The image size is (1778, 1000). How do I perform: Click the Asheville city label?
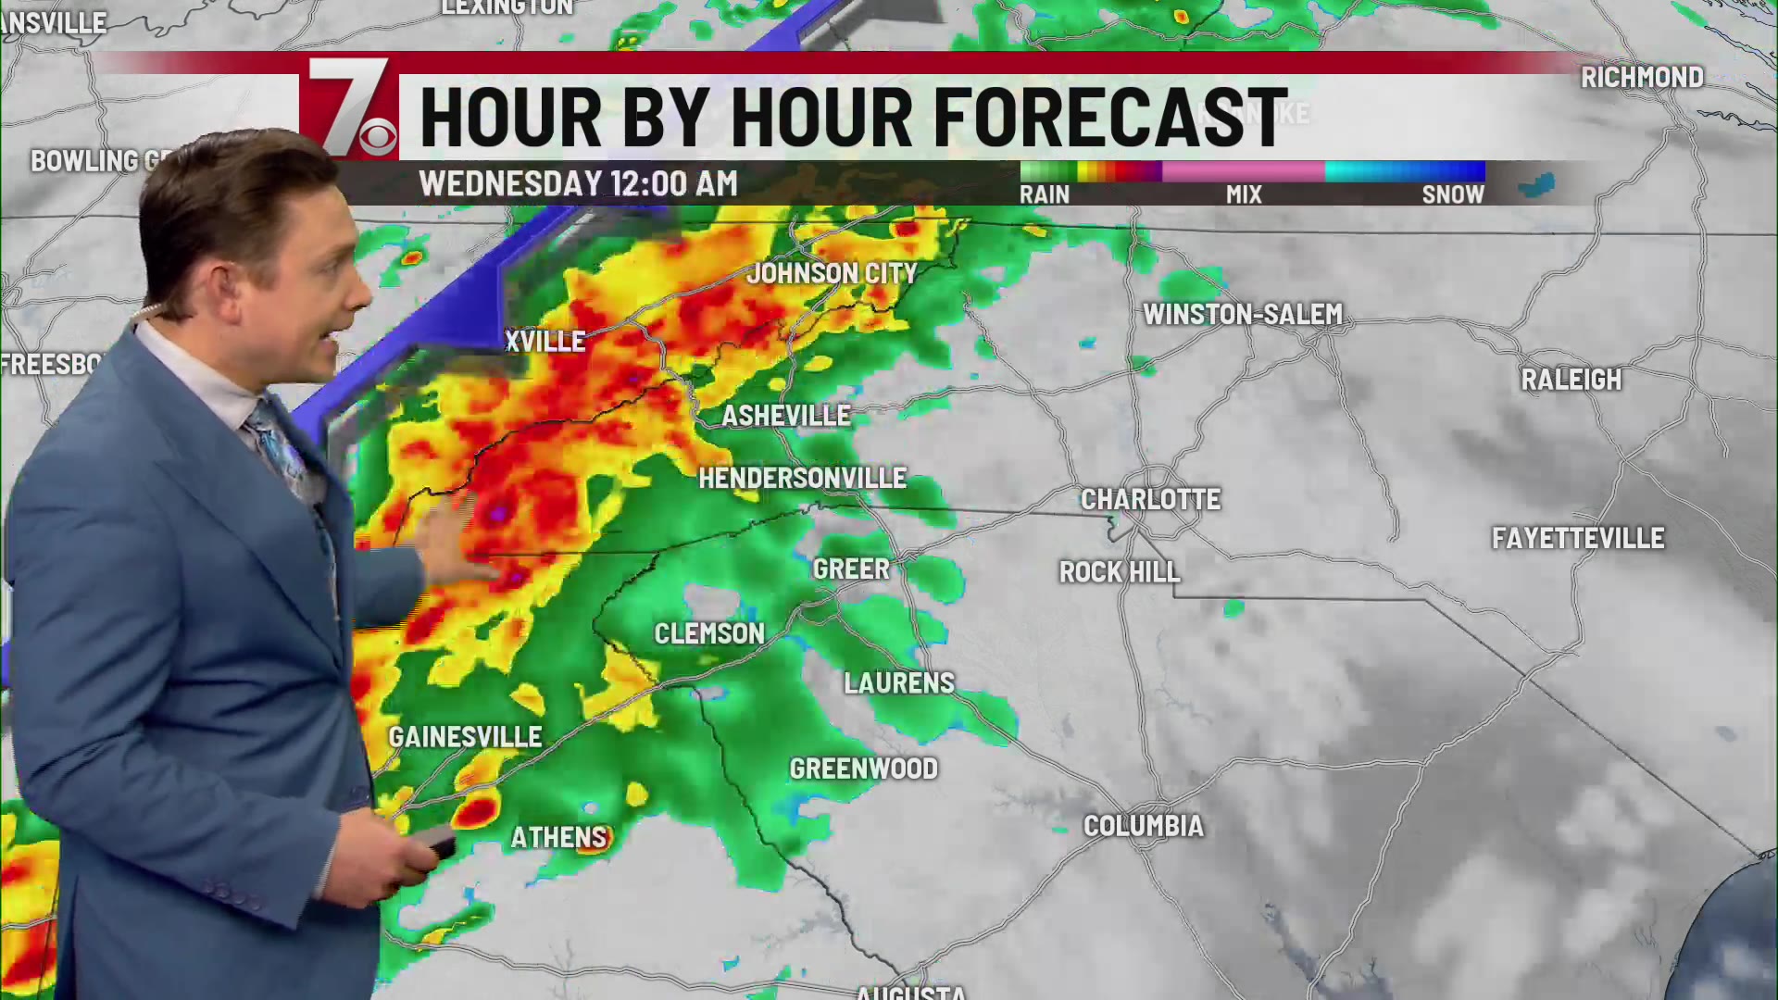click(x=785, y=416)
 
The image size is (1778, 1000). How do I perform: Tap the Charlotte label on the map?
click(x=1150, y=499)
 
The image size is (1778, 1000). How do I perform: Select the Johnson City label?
click(x=832, y=273)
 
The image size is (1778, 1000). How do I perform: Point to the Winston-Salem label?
click(x=1242, y=315)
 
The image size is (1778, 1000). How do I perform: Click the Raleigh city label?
click(x=1571, y=380)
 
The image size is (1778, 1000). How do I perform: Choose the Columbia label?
click(x=1143, y=826)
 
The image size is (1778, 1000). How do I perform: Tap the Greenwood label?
click(x=863, y=769)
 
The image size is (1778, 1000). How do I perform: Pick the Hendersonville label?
click(x=802, y=479)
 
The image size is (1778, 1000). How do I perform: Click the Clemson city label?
click(x=709, y=633)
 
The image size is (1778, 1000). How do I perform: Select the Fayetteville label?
click(x=1577, y=538)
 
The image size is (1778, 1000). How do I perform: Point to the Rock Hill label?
click(x=1119, y=572)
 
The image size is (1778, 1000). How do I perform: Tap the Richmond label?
click(x=1641, y=78)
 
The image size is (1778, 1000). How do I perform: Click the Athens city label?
click(x=558, y=838)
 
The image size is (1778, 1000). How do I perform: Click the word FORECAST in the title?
click(x=1109, y=118)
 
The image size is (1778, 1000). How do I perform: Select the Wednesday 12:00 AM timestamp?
click(x=578, y=183)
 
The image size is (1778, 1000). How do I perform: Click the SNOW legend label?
click(x=1452, y=194)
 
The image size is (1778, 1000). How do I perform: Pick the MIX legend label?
click(x=1243, y=194)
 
